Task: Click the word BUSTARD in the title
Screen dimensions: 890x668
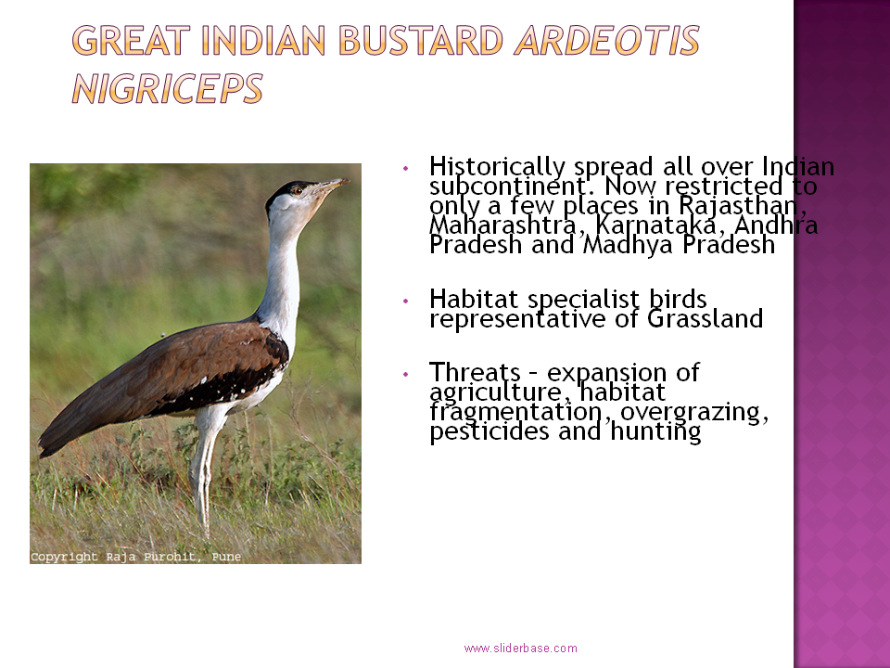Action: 421,41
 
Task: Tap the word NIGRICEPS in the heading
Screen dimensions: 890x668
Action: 168,89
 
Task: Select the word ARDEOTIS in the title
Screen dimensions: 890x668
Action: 606,41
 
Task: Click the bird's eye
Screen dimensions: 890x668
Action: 297,191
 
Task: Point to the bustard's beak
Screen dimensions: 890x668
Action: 333,184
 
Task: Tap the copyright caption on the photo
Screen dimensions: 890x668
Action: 135,557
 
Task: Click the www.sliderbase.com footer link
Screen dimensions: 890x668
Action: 520,649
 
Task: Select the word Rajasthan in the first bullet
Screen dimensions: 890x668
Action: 743,206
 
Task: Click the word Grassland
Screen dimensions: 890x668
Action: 705,318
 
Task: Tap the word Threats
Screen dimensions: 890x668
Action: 475,373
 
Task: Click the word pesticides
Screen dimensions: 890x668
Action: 489,431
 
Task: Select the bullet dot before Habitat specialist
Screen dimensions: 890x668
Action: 405,301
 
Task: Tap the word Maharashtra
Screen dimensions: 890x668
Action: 503,225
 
